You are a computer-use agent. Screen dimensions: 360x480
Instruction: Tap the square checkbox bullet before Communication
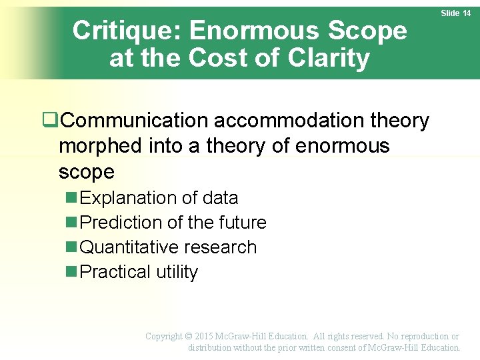tap(48, 120)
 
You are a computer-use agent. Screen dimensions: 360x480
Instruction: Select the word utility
tap(177, 272)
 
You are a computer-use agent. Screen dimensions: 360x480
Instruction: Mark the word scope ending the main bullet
tap(86, 171)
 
